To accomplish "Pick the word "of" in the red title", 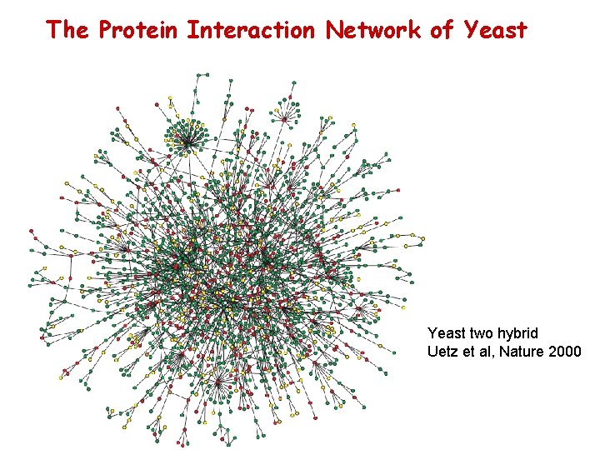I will click(x=442, y=31).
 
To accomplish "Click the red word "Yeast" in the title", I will click(x=495, y=31).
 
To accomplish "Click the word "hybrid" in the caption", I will click(x=519, y=333).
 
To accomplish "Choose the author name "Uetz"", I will click(x=442, y=352).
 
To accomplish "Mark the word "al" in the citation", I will click(x=488, y=352).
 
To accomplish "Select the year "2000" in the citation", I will click(x=566, y=352).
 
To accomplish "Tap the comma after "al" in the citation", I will click(x=496, y=356).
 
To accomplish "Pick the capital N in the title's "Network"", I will click(x=333, y=31).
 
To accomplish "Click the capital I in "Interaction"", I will click(x=192, y=31).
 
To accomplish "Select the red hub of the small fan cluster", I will click(x=286, y=119).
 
